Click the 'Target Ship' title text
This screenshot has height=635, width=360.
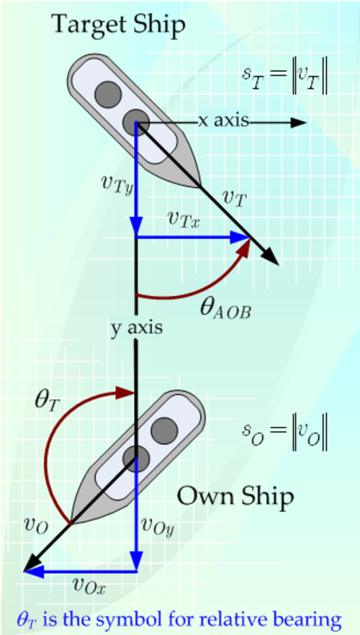coord(119,25)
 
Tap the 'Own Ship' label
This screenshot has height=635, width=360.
coord(235,497)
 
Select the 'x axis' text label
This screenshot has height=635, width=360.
coord(223,121)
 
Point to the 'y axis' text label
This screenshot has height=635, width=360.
coord(137,328)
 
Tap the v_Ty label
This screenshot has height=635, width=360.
coord(117,184)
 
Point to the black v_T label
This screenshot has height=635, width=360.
coord(235,198)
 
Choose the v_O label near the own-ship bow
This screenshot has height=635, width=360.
coord(37,526)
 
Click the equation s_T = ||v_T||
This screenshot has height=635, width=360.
coord(284,76)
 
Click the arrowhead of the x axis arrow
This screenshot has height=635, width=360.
coord(297,122)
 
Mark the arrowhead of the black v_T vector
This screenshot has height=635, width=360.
coord(271,257)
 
